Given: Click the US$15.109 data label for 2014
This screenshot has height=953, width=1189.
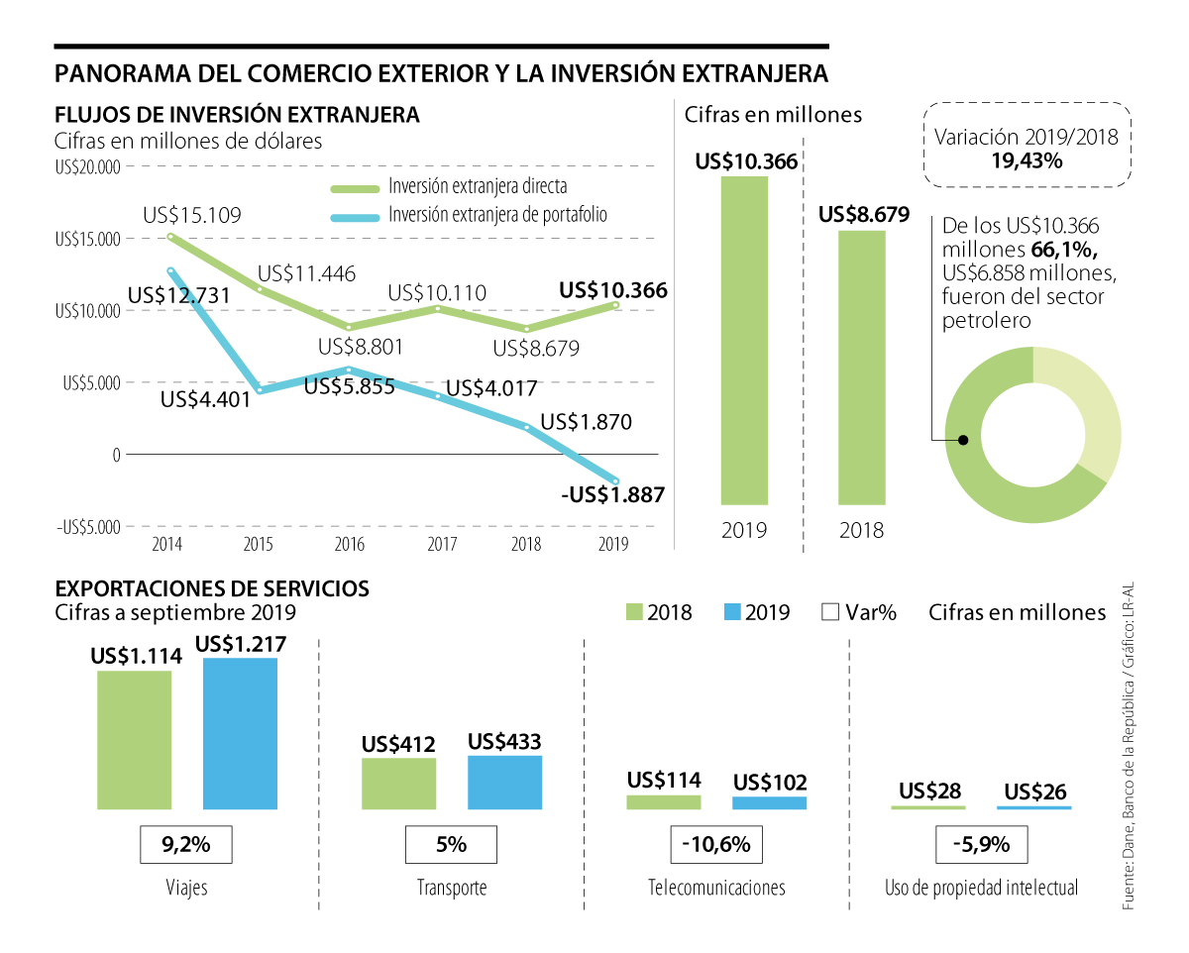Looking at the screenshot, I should point(192,215).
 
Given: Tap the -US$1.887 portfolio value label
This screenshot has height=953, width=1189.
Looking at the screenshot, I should point(612,495).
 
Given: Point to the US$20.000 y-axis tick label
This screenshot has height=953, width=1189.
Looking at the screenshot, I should point(87,167).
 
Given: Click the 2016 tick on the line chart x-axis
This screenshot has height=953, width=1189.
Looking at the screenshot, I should point(350,544).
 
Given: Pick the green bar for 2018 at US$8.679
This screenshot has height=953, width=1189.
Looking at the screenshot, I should point(862,368).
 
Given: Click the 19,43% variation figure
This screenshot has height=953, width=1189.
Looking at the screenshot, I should point(1026,160).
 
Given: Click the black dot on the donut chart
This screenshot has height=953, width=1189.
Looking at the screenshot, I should point(961,439).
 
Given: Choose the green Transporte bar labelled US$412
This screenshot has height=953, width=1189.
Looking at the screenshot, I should point(398,784).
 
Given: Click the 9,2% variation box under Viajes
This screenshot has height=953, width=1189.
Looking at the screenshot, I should point(186,845).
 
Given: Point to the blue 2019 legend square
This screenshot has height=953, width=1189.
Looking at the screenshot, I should point(732,612).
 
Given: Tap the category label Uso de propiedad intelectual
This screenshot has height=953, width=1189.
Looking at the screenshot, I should point(981,888).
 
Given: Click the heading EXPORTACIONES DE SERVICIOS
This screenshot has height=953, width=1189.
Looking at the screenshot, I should point(212,588).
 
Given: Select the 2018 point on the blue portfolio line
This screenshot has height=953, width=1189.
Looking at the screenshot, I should point(527,427).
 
